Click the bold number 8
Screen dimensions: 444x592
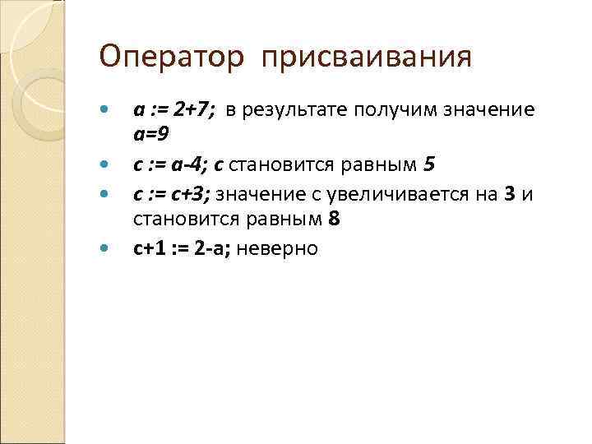coord(334,218)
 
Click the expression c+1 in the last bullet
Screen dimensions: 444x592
coord(149,248)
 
